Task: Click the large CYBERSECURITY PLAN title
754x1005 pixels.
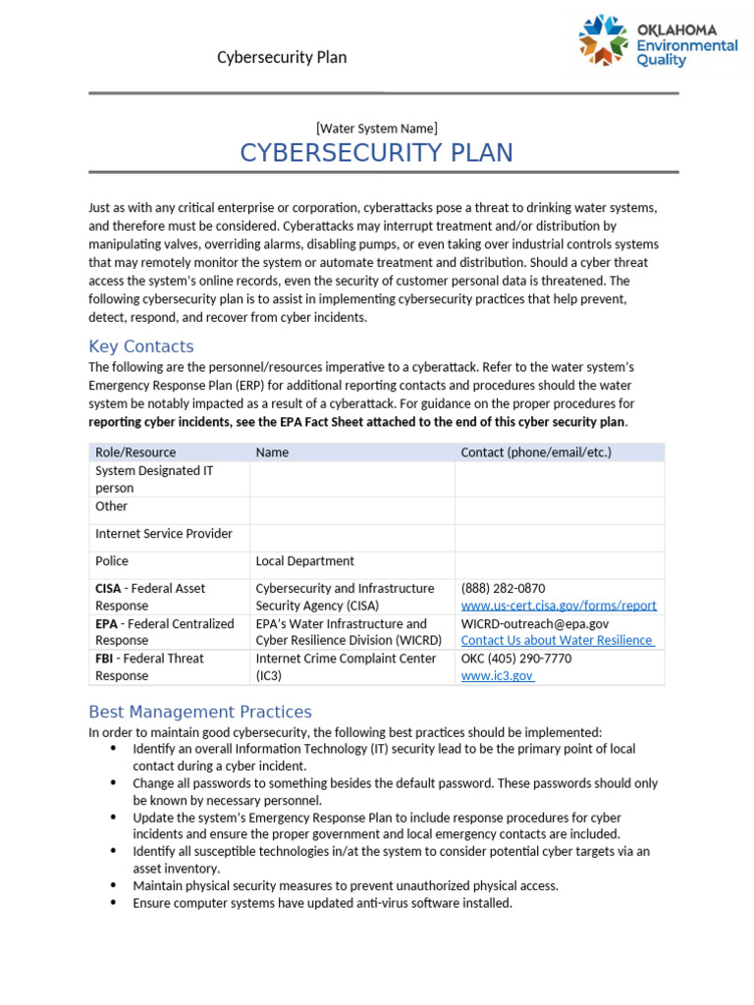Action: coord(377,153)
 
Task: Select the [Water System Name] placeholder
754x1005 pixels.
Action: coord(377,128)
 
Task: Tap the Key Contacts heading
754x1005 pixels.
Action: coord(141,346)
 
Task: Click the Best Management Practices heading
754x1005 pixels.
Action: coord(200,712)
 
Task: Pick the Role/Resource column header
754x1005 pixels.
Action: coord(135,452)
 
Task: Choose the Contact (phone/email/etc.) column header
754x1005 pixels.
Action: coord(536,452)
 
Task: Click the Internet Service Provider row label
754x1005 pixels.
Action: coord(164,534)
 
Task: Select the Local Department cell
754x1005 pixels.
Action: coord(305,561)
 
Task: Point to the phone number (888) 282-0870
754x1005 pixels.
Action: coord(504,588)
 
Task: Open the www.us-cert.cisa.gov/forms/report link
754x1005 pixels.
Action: coord(559,606)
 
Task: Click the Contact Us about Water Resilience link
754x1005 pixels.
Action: coord(557,640)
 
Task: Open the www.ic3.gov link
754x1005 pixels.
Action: coord(497,676)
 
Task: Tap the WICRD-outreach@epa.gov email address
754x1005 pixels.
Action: coord(535,623)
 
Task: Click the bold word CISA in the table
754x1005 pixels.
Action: coord(108,589)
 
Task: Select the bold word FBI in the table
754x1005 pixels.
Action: coord(106,659)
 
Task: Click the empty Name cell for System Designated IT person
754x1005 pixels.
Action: coord(351,479)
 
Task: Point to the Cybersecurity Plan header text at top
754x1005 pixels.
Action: coord(282,57)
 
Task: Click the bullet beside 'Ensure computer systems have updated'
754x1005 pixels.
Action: coord(111,903)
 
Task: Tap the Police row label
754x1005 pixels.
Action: coord(112,561)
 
